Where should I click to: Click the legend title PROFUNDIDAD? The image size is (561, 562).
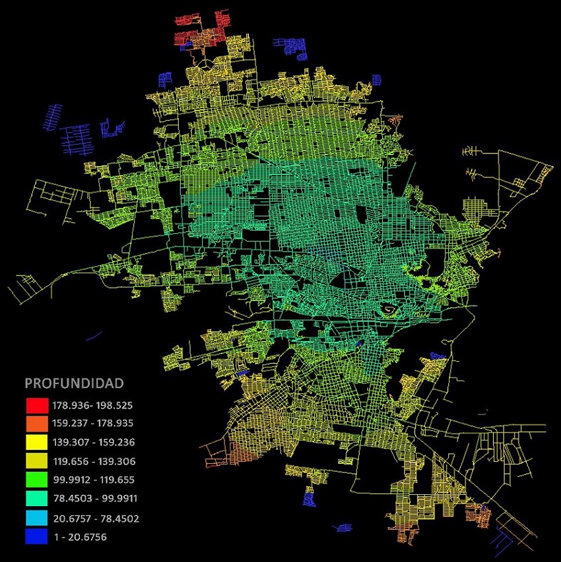[x=74, y=383]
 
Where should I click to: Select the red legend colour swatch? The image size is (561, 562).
[x=37, y=405]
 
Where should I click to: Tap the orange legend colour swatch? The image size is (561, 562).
[x=37, y=423]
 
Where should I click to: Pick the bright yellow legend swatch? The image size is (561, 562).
[x=37, y=442]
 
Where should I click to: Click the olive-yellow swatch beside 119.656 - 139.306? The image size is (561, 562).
[x=37, y=461]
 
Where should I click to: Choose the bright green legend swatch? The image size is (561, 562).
[x=37, y=480]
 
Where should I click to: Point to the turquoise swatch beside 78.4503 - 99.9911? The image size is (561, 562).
[x=37, y=499]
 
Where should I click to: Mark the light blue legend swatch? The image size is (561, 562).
[x=37, y=519]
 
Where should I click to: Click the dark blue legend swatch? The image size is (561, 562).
[x=37, y=537]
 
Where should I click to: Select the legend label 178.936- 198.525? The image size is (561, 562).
[x=92, y=405]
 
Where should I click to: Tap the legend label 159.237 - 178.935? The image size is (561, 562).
[x=93, y=424]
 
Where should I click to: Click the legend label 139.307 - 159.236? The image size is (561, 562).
[x=93, y=443]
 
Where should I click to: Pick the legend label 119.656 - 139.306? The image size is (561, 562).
[x=93, y=461]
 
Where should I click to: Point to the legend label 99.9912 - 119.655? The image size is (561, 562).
[x=93, y=480]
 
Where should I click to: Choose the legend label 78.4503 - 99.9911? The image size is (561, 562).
[x=93, y=499]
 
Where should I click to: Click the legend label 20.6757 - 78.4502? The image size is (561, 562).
[x=93, y=519]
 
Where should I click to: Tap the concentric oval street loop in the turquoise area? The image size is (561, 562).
[x=389, y=308]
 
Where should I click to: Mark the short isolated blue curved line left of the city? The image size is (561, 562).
[x=94, y=337]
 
